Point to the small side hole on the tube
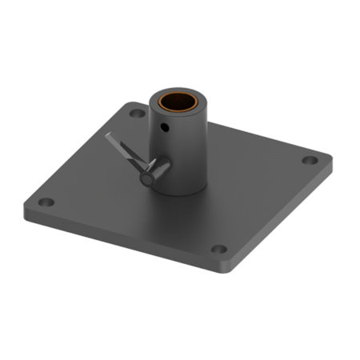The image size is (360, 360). (x=165, y=128)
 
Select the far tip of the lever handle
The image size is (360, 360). (x=109, y=137)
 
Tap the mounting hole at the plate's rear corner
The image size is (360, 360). (x=137, y=114)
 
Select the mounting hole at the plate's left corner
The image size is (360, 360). (x=46, y=202)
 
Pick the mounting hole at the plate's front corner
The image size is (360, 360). (x=218, y=249)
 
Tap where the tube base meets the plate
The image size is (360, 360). (x=188, y=192)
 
